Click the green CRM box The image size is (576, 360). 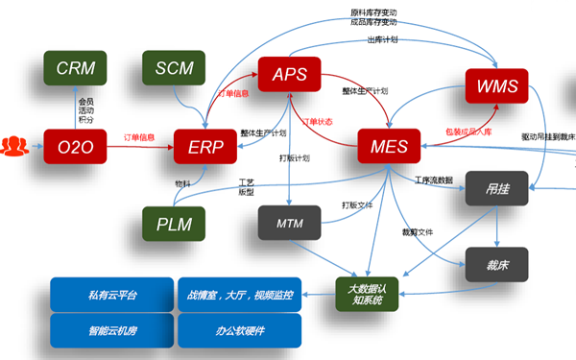point(75,68)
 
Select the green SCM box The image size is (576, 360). point(174,68)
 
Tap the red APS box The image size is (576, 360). point(289,75)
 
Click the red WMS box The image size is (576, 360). point(496,86)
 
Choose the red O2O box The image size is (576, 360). point(75,146)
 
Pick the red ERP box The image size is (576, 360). point(205,146)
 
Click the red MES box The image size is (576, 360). point(389,147)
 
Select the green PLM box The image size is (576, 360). point(174,224)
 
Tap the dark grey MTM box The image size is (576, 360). point(289,224)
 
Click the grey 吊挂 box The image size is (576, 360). point(496,188)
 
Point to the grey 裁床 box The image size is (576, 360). point(496,263)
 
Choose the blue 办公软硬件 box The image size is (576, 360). point(239,330)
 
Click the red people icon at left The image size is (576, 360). point(14,146)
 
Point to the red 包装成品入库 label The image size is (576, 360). point(468,132)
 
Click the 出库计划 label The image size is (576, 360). point(382,40)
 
